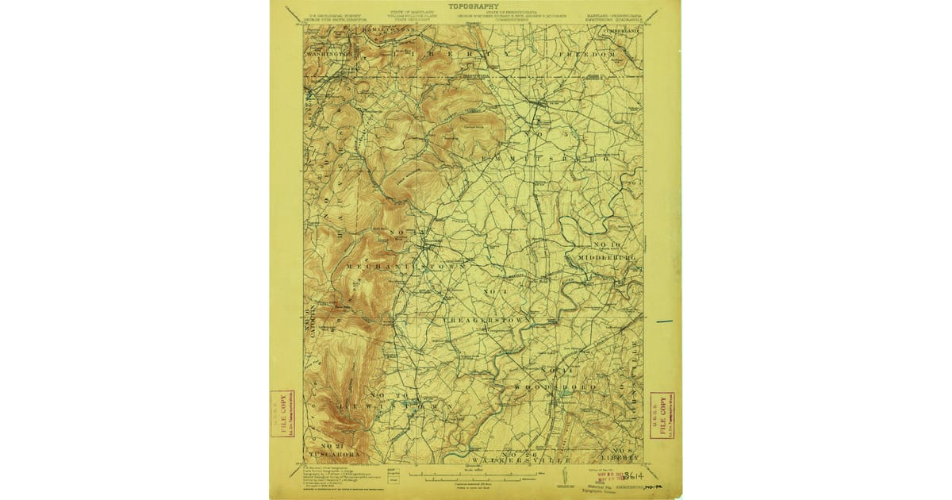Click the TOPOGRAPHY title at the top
pos(474,6)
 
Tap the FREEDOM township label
pos(588,54)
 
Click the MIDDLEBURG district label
pos(608,258)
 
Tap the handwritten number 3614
pos(631,476)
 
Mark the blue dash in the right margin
pos(664,321)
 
